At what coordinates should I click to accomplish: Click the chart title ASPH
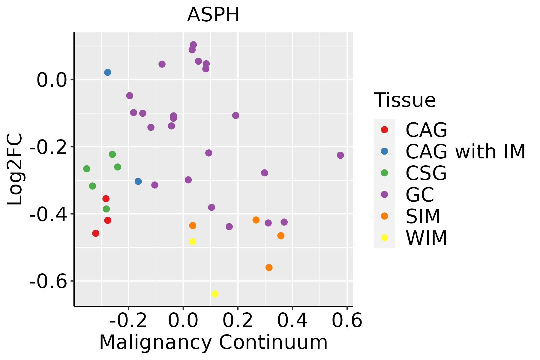[213, 15]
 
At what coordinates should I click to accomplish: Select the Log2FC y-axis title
[15, 169]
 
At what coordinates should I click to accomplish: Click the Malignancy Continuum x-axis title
[213, 342]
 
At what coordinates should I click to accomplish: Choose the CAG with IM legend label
[465, 151]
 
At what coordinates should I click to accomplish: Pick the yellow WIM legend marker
[384, 238]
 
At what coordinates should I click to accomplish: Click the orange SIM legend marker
[384, 216]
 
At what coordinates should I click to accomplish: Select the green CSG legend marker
[384, 173]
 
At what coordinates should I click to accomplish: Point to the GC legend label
[420, 195]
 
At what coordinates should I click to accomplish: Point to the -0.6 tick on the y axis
[48, 281]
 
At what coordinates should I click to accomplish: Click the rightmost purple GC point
[340, 155]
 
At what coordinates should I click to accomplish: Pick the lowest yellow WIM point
[215, 294]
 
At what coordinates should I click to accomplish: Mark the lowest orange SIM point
[269, 268]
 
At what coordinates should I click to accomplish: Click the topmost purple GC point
[193, 45]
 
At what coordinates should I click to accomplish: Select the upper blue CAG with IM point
[108, 72]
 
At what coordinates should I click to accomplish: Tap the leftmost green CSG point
[87, 169]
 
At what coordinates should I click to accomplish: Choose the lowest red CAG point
[96, 233]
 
